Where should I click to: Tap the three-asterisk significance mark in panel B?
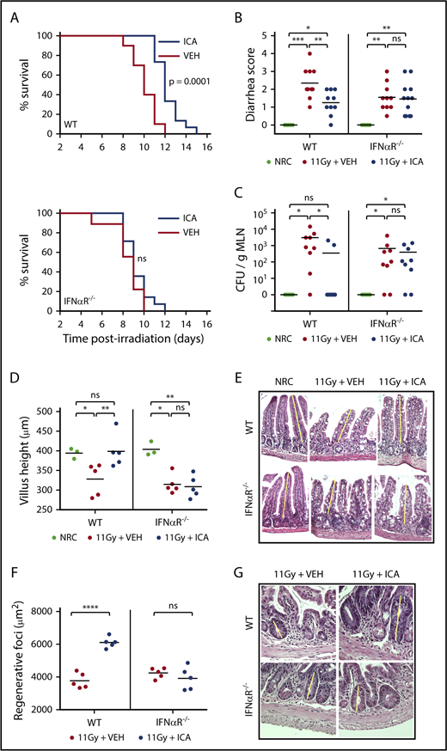point(298,39)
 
